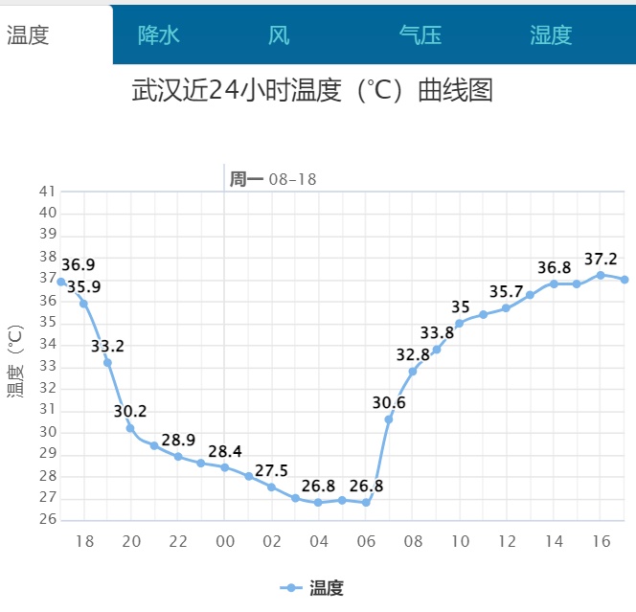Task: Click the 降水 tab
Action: click(159, 35)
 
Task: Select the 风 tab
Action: click(279, 35)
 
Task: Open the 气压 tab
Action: click(420, 35)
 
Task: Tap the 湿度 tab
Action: click(551, 35)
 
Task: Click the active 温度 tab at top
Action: click(28, 35)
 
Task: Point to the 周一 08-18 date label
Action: click(272, 179)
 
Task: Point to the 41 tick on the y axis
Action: click(47, 192)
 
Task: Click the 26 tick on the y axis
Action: click(47, 520)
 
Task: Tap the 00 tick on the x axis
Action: click(225, 542)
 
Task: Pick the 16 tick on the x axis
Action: click(601, 542)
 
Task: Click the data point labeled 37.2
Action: click(601, 275)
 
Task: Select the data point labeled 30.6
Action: click(389, 419)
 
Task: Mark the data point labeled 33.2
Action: click(107, 362)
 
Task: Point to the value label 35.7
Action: click(507, 291)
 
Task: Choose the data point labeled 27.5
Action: click(272, 487)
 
